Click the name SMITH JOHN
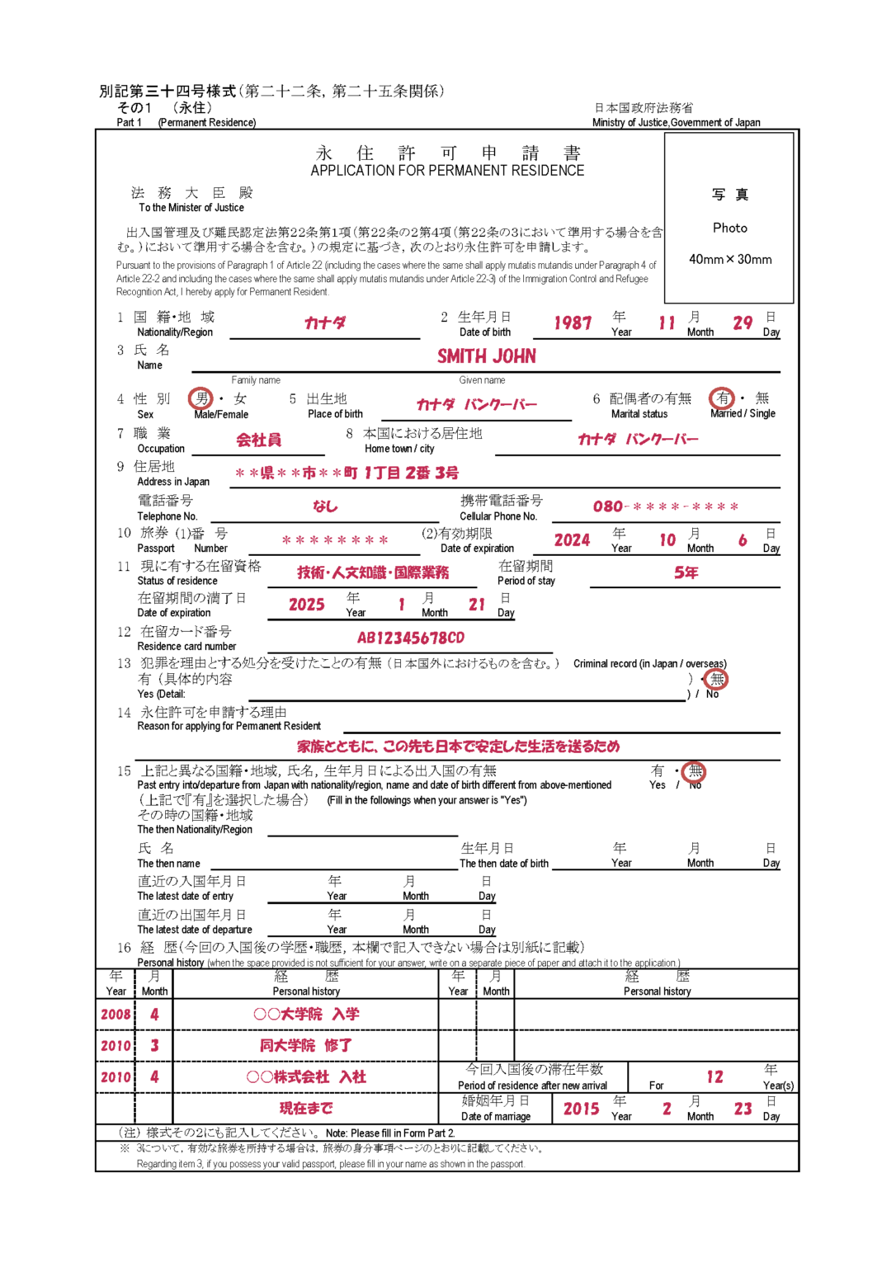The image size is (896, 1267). pos(487,356)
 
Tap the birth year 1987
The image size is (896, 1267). pos(573,323)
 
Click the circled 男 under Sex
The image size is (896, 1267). pos(200,398)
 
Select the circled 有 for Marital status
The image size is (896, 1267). pos(722,398)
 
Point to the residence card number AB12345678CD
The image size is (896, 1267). pos(411,638)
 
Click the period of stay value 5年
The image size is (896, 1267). pos(686,572)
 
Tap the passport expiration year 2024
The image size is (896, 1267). pos(572,540)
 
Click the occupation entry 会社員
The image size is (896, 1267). pos(259,440)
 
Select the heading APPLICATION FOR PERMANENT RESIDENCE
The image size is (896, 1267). pos(447,171)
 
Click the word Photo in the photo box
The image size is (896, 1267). pos(730,228)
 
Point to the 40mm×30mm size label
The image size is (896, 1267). pos(730,259)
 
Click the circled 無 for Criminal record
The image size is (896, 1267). pos(717,679)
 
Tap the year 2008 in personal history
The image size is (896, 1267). pos(116,1015)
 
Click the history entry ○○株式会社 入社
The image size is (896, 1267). pos(306,1076)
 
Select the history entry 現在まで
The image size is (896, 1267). pos(306,1108)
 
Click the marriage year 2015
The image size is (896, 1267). pos(581,1109)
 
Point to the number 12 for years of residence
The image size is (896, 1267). pos(714,1076)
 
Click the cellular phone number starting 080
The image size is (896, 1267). pos(666,506)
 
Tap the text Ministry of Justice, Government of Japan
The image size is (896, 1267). pos(677,123)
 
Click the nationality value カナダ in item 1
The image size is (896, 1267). pos(325,323)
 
